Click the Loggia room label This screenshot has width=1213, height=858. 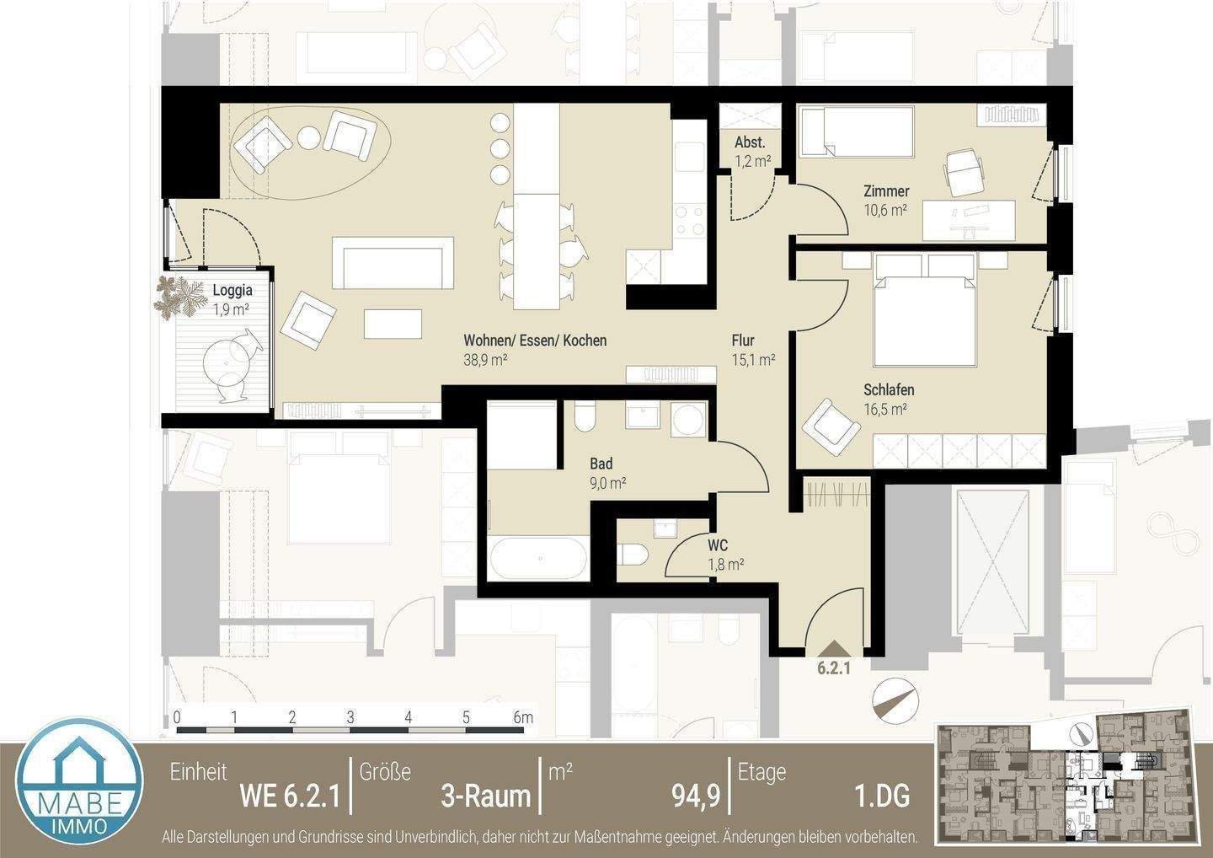(232, 290)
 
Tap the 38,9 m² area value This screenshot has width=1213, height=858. (484, 360)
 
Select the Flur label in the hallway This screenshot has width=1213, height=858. (742, 341)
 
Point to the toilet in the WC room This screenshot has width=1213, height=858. (632, 555)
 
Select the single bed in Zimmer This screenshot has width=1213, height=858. (856, 132)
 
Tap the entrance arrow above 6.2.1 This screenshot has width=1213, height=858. (833, 648)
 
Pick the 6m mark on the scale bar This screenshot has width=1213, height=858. (522, 718)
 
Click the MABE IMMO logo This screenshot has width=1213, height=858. (81, 787)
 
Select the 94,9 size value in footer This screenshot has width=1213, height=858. (695, 795)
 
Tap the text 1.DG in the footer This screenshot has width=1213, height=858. (881, 795)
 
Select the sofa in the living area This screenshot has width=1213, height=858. (393, 261)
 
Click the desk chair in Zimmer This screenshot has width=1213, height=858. (963, 171)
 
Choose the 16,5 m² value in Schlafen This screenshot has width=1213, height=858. (884, 410)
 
